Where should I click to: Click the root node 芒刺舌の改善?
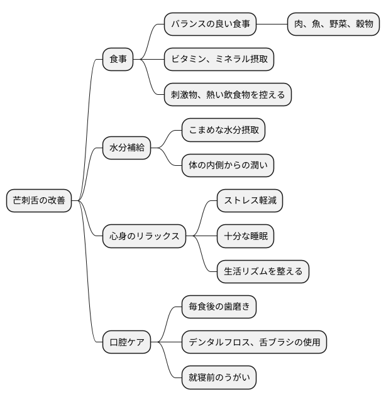coord(38,201)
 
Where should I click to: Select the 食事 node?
coord(118,60)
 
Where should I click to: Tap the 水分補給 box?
coord(126,148)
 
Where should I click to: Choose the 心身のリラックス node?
coord(144,236)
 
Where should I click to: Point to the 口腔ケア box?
coord(126,342)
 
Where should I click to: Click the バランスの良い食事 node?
coord(211,24)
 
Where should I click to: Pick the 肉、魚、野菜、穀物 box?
coord(334,24)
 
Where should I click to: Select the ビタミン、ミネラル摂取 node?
coord(219,60)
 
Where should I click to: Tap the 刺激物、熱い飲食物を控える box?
coord(228,95)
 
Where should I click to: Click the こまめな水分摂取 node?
coord(223,131)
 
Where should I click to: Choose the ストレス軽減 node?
coord(250,201)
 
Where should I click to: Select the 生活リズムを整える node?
coord(263,271)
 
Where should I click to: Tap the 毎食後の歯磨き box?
coord(219,307)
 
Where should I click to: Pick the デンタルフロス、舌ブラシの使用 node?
coord(254,342)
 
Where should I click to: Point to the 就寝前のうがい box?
coord(219,378)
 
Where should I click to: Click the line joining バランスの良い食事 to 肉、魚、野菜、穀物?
coord(272,24)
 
